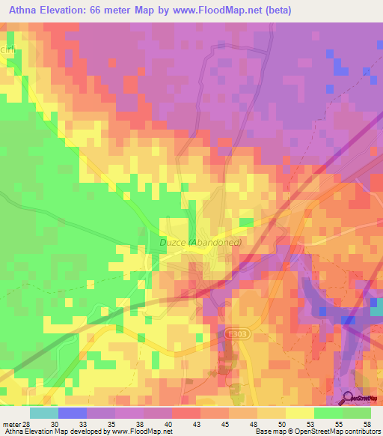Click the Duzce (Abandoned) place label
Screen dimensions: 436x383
click(200, 242)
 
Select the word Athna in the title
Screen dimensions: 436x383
click(25, 10)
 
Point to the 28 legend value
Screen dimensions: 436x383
click(30, 424)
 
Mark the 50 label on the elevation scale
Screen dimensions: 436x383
click(286, 424)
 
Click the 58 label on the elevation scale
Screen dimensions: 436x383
click(370, 424)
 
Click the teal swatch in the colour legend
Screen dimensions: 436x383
click(44, 413)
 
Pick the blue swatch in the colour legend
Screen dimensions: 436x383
click(73, 413)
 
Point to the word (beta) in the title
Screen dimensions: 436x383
click(275, 10)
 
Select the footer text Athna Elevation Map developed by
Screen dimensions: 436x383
click(55, 432)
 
